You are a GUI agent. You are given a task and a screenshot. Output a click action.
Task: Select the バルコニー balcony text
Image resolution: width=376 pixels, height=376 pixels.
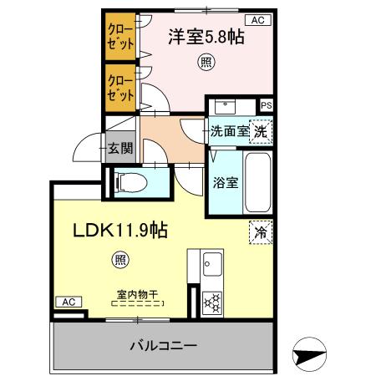click(162, 345)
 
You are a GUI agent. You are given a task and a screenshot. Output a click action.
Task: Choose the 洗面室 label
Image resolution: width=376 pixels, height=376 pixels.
click(226, 130)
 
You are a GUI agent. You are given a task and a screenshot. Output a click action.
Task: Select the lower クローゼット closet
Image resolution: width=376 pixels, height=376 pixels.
click(119, 90)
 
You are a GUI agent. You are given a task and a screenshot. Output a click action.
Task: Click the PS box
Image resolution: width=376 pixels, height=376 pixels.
click(266, 105)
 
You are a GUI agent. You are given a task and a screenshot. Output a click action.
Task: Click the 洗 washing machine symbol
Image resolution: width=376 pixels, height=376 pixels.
click(262, 130)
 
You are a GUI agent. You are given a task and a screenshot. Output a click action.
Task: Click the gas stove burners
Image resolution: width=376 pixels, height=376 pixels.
click(211, 302)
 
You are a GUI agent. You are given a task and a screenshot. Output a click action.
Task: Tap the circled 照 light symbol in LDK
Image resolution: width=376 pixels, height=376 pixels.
click(121, 260)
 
